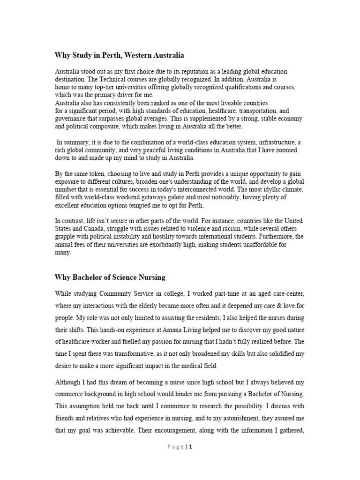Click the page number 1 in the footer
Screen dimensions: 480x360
click(191, 447)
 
